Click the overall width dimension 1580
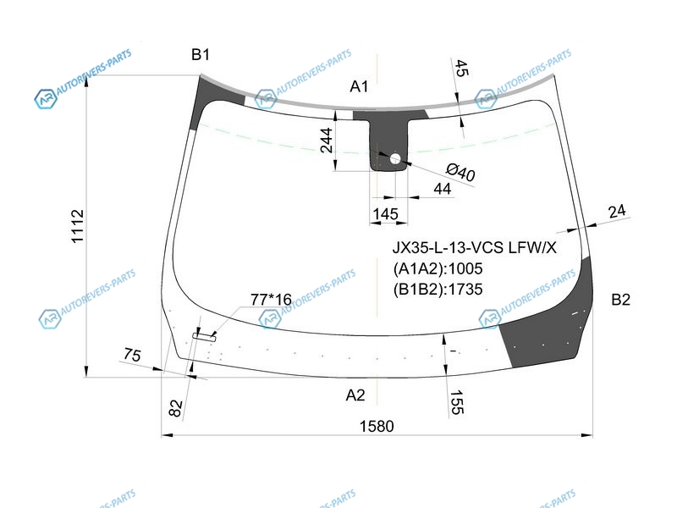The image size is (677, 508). (x=377, y=427)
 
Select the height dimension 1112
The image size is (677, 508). (x=78, y=226)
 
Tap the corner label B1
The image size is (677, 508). (x=201, y=54)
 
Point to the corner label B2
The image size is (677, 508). (x=620, y=300)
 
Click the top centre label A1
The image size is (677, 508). (x=359, y=86)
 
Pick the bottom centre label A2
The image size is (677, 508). (x=355, y=395)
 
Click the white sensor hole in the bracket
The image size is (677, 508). (x=395, y=159)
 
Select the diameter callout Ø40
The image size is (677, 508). (x=460, y=172)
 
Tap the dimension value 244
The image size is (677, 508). (x=327, y=141)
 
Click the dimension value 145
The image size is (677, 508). (x=385, y=214)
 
